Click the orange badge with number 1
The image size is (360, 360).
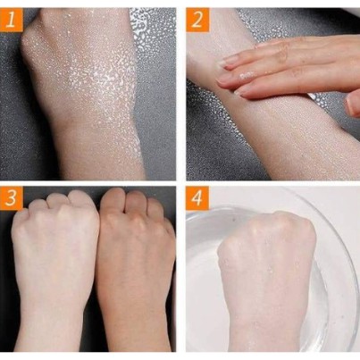(x=12, y=20)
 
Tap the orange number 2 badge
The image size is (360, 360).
(x=197, y=20)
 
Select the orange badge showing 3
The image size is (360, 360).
(x=12, y=198)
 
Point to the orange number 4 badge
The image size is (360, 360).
(x=197, y=198)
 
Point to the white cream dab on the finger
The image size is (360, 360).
(x=247, y=75)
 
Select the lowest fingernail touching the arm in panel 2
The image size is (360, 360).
(x=241, y=91)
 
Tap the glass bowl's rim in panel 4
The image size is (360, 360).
(x=342, y=226)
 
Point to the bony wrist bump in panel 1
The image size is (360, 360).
(x=29, y=45)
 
